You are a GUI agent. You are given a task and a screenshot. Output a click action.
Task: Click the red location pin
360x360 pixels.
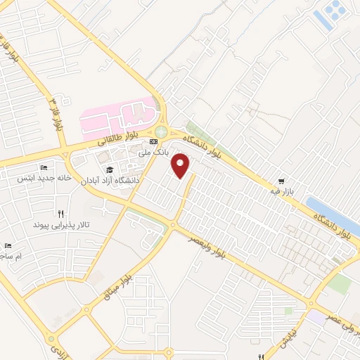tap(181, 166)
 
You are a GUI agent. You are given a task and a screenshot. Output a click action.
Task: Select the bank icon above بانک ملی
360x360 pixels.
tap(153, 142)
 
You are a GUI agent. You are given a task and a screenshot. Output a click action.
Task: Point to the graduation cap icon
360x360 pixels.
tap(110, 169)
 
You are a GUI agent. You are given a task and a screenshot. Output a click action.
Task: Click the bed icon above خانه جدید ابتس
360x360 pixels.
tap(44, 168)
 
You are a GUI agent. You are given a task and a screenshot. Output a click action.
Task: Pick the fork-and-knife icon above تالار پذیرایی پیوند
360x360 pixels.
tap(61, 214)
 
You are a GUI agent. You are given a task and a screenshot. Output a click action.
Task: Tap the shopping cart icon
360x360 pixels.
tap(281, 180)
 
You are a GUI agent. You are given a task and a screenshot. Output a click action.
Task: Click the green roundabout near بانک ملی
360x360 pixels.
tap(162, 131)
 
